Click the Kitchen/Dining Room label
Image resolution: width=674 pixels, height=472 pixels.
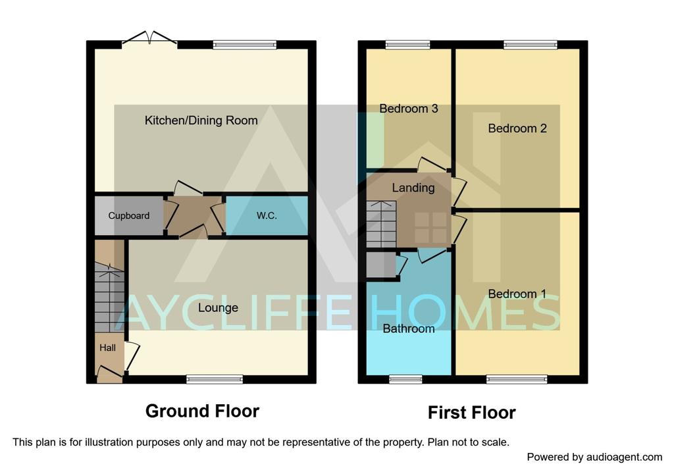click(201, 120)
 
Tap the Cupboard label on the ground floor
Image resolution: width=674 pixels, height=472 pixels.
click(129, 216)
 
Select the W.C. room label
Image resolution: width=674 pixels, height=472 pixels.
click(267, 216)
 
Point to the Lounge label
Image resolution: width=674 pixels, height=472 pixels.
click(219, 308)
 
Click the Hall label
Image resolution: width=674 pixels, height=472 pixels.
click(107, 348)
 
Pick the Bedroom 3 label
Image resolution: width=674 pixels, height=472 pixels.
click(409, 109)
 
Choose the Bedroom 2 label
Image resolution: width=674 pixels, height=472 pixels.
click(517, 128)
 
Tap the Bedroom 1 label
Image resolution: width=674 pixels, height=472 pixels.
click(517, 294)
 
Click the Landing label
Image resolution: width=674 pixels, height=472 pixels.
click(413, 188)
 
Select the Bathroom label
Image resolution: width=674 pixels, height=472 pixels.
click(409, 329)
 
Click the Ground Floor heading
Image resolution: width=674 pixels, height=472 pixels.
click(203, 411)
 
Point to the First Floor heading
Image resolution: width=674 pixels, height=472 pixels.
click(472, 413)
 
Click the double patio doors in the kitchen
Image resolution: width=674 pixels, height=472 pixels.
click(149, 38)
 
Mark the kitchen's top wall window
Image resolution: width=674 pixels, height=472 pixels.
click(245, 44)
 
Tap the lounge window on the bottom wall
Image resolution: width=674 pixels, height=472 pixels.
click(215, 379)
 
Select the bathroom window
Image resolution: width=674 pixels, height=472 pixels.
click(405, 379)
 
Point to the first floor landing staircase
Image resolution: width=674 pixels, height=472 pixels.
click(381, 224)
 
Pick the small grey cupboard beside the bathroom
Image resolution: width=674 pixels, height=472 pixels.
click(381, 265)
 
